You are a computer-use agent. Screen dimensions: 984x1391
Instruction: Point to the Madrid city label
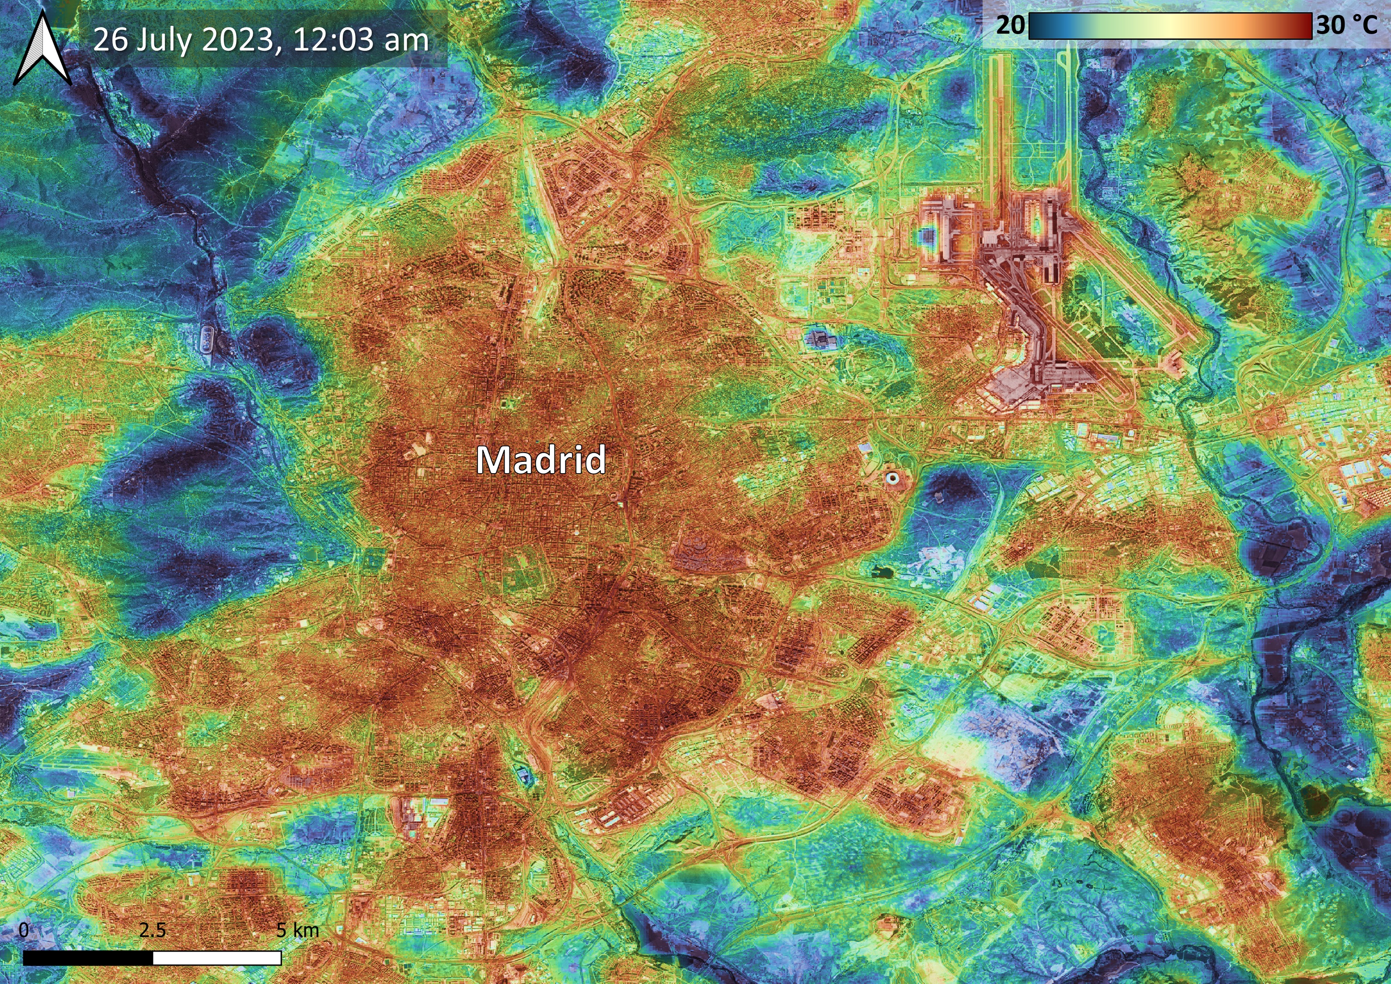tap(540, 461)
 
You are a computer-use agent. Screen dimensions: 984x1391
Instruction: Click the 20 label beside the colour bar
tap(1010, 25)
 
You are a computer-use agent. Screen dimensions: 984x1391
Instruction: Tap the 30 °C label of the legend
tap(1346, 25)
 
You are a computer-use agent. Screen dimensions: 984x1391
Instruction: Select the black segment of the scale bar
tap(88, 958)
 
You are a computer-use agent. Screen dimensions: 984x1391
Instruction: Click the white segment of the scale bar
tap(217, 958)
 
